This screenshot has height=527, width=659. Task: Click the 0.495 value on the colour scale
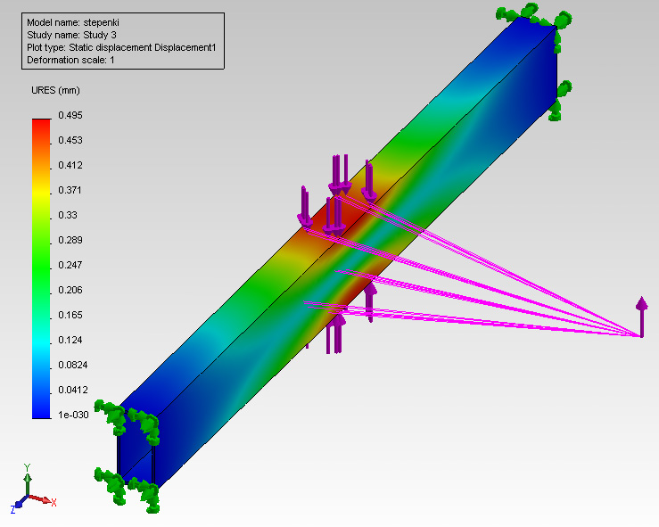[x=70, y=115]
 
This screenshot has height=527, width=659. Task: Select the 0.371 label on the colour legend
[x=70, y=190]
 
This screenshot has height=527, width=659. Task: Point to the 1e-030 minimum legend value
[x=73, y=415]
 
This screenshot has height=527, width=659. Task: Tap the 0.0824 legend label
[x=73, y=365]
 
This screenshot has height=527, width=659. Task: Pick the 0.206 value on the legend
[x=70, y=290]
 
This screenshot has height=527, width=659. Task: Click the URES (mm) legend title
[x=55, y=90]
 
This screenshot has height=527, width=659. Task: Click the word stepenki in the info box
[x=102, y=22]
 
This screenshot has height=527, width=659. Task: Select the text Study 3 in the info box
[x=100, y=35]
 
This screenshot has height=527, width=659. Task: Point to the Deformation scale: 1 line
[x=70, y=60]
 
